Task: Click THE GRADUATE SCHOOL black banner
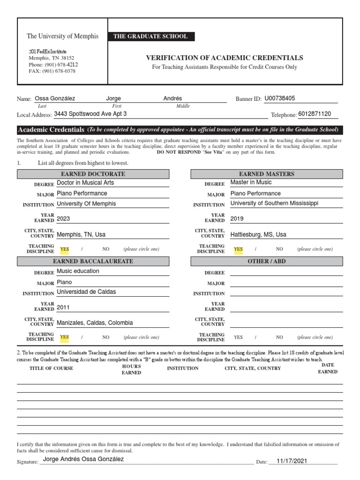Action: [x=151, y=37]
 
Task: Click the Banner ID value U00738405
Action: [x=286, y=99]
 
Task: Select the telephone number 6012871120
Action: [x=315, y=114]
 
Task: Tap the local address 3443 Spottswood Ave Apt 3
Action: [x=90, y=114]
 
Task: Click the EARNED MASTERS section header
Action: [x=266, y=174]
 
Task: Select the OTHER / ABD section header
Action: [x=266, y=261]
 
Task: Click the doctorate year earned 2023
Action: [x=63, y=219]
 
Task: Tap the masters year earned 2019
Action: [x=237, y=219]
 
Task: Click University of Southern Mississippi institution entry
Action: [x=274, y=203]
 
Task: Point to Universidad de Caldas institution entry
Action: [x=86, y=292]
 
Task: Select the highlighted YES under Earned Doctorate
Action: [x=65, y=249]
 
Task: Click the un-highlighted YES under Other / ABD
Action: [x=238, y=337]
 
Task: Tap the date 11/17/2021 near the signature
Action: [x=292, y=461]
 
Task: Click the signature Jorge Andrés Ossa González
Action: [x=83, y=459]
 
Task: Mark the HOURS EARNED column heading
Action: [x=131, y=369]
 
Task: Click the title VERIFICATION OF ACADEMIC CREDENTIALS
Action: [x=225, y=58]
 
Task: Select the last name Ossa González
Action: [x=55, y=99]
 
